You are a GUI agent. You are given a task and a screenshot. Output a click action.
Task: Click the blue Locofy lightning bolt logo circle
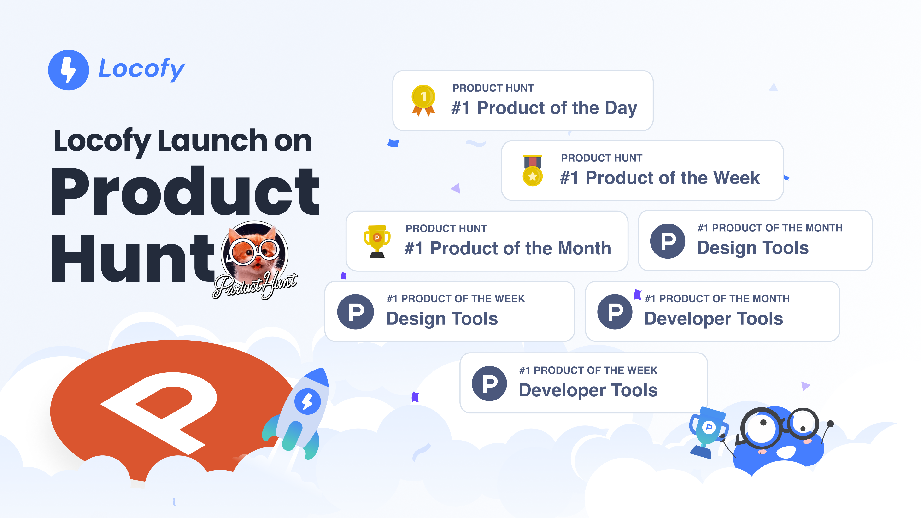68,70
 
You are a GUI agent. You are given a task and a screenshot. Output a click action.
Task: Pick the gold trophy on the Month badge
377,241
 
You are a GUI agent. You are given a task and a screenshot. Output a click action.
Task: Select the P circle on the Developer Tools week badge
489,383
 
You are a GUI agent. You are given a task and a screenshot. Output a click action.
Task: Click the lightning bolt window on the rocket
307,401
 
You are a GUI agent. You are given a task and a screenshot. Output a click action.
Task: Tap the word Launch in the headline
212,141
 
